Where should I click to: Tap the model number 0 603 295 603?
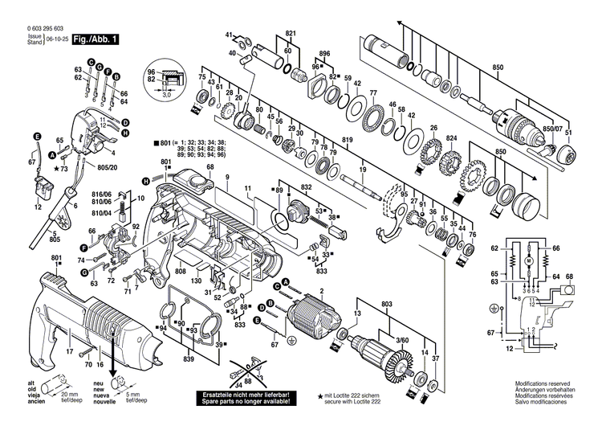tap(35, 28)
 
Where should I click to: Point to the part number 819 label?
tap(347, 141)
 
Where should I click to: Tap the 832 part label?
tap(306, 187)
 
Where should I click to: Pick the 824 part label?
tap(452, 138)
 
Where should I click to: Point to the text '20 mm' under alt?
tap(68, 396)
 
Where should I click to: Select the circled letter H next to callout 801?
tap(147, 180)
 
